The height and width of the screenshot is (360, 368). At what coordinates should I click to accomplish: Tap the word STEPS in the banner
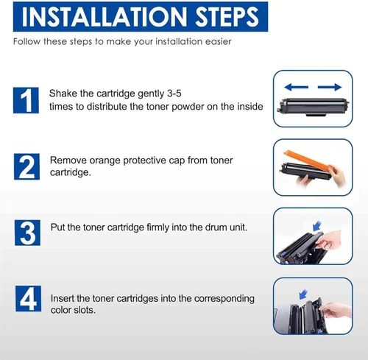click(x=227, y=17)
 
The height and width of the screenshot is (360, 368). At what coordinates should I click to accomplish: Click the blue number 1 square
click(x=26, y=100)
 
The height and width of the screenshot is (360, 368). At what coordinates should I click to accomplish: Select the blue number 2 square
click(x=26, y=166)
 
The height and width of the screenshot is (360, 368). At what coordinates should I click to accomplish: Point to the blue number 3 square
click(x=27, y=233)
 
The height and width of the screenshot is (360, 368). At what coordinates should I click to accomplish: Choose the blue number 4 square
click(x=28, y=298)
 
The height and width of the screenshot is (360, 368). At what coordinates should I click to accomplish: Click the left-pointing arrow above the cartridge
click(x=296, y=87)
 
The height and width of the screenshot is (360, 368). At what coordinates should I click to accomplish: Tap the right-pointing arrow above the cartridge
click(x=330, y=87)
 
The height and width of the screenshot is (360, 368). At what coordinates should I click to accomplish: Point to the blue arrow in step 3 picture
click(x=317, y=226)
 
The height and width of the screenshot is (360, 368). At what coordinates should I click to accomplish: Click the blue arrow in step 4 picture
click(x=303, y=294)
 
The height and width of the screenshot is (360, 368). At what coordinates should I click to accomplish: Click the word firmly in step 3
click(x=158, y=227)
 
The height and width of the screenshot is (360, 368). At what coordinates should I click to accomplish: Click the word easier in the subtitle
click(x=219, y=42)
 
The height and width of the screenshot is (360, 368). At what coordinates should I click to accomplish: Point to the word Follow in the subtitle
click(x=26, y=42)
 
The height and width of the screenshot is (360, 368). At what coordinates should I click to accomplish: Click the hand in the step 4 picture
click(x=336, y=310)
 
